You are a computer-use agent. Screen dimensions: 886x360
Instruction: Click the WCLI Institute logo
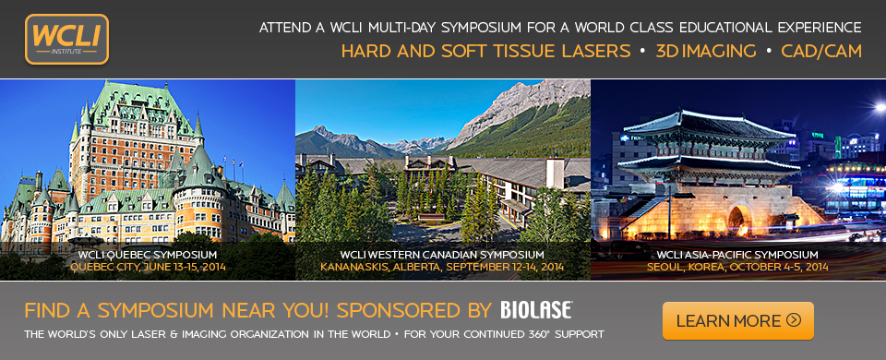(66, 39)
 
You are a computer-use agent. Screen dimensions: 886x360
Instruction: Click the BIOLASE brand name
(536, 310)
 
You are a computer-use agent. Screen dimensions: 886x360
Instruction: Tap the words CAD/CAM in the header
(821, 52)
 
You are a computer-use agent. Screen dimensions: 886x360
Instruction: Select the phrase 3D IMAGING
(706, 52)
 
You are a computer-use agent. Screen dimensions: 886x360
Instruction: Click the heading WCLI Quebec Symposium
(148, 255)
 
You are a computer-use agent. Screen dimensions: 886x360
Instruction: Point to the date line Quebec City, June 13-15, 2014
(148, 267)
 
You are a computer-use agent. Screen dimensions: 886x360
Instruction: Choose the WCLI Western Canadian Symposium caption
(442, 255)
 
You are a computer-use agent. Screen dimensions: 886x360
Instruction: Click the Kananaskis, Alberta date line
(442, 267)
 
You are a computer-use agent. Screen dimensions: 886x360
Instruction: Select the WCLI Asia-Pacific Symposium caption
(737, 255)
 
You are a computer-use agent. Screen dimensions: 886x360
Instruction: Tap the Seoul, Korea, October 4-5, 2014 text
(737, 267)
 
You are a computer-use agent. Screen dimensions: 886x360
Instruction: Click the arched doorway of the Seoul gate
(738, 220)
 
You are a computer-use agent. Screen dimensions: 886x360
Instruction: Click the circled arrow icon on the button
(794, 320)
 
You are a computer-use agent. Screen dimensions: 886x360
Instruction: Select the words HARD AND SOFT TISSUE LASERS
(486, 52)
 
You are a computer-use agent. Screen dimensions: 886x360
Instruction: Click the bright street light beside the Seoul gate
(880, 106)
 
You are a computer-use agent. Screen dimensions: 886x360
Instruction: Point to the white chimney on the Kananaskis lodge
(555, 173)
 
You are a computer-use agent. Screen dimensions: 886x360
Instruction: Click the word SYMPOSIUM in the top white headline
(480, 27)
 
